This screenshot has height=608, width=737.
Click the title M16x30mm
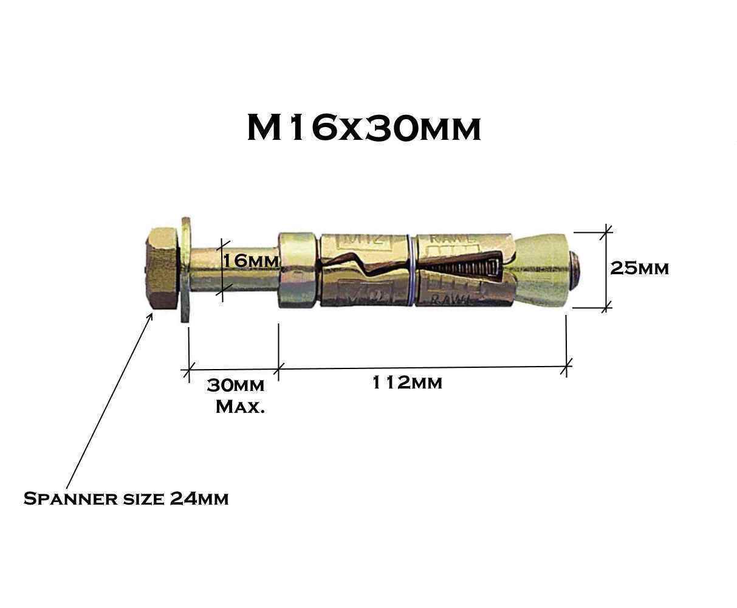[x=363, y=128]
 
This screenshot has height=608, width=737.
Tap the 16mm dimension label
[x=250, y=261]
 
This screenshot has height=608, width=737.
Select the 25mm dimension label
[x=639, y=268]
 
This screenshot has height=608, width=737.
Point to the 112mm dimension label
[x=407, y=383]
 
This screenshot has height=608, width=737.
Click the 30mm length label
[x=235, y=385]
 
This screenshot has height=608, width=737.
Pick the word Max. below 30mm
[x=240, y=406]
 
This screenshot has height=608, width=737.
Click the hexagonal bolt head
[x=162, y=268]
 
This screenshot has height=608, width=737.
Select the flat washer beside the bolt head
[x=185, y=268]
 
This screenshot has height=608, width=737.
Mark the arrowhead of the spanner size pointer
[x=151, y=314]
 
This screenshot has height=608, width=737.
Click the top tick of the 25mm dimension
[x=606, y=231]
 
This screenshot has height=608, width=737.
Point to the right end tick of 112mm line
[x=567, y=366]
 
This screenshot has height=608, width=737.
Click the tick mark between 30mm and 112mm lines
[x=279, y=367]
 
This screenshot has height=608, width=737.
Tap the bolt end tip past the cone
[x=577, y=266]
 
